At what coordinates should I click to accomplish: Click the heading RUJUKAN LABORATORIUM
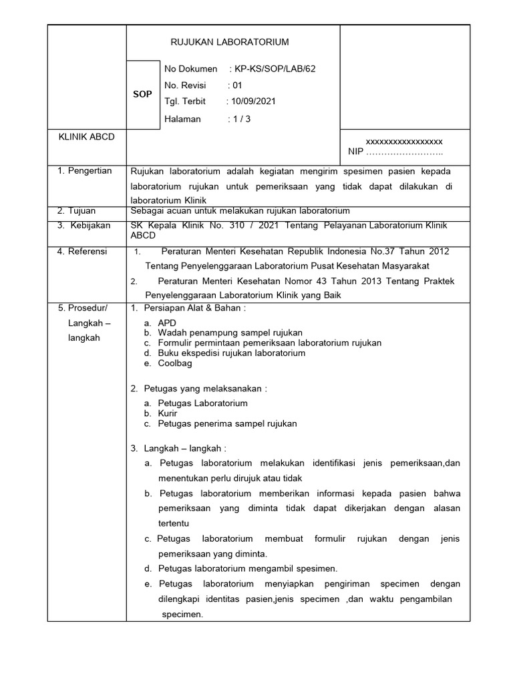point(230,42)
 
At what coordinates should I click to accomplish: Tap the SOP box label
point(142,94)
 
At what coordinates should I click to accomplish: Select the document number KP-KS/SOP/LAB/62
point(272,69)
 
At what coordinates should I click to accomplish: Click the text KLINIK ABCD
point(86,137)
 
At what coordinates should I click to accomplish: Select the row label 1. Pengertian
point(85,171)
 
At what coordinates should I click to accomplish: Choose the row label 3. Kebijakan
point(85,225)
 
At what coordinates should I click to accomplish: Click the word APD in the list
point(167,323)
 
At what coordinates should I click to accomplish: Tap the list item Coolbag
point(174,363)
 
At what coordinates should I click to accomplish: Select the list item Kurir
point(168,413)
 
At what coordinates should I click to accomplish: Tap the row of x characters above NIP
point(404,142)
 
